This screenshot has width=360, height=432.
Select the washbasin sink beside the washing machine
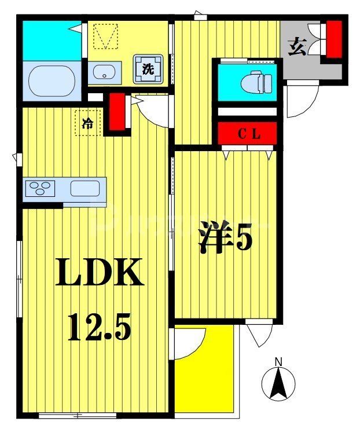(104, 72)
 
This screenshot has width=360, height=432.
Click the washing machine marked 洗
(148, 69)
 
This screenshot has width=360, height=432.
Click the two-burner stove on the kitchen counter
(39, 189)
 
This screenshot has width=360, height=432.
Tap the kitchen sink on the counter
(85, 189)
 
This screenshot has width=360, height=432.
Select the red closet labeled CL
(248, 134)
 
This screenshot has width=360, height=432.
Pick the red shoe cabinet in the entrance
(334, 39)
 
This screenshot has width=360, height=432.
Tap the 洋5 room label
(226, 238)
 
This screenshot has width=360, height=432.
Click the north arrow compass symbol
(278, 382)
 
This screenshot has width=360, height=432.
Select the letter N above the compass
(278, 362)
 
